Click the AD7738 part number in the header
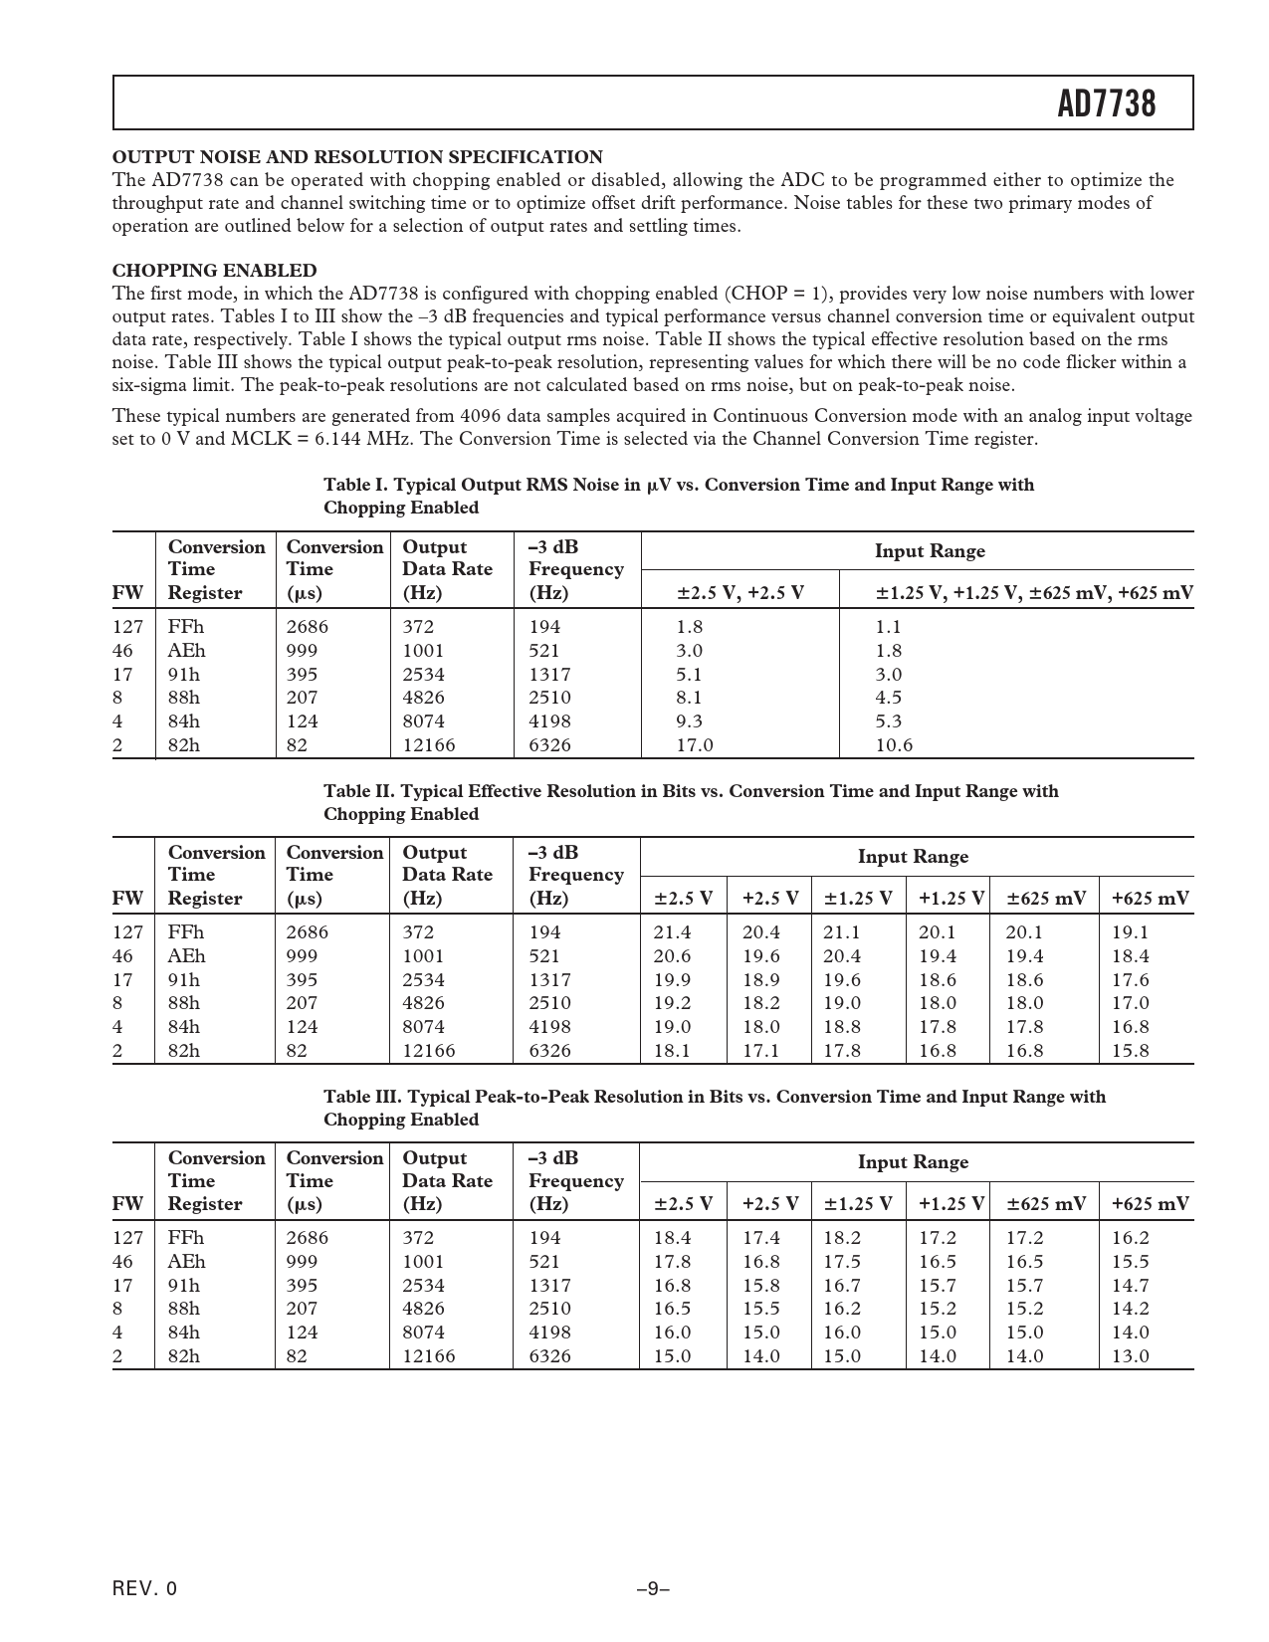(1107, 103)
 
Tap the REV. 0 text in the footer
(144, 1589)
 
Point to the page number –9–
(652, 1589)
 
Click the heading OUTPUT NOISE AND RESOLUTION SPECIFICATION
(357, 157)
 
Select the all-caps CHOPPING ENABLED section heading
(214, 271)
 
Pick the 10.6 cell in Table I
(894, 745)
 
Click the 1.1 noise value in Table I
(888, 627)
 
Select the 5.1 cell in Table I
(689, 675)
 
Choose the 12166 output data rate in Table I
(429, 745)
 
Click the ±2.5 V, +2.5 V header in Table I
(740, 594)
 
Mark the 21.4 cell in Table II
(672, 932)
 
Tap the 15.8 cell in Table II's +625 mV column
(1130, 1051)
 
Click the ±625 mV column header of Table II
(1045, 899)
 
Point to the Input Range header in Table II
(913, 857)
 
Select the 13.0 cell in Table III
(1130, 1356)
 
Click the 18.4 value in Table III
(672, 1238)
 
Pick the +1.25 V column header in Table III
(951, 1204)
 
